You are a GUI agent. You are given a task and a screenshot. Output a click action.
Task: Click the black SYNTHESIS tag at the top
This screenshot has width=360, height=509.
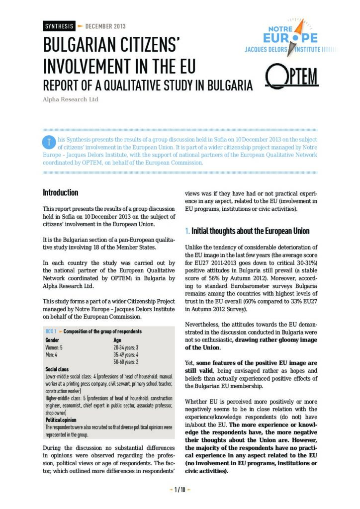point(58,26)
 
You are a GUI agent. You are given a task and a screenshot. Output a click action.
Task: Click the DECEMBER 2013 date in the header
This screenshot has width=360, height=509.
point(105,26)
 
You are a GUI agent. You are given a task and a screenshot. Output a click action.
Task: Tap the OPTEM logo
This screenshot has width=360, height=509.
point(292,78)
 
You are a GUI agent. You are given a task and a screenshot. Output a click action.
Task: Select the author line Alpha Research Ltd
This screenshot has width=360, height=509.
point(70,99)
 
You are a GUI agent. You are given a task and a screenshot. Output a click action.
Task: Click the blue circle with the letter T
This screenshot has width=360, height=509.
point(48,142)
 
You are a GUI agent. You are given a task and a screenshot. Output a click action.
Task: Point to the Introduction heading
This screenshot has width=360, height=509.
point(60,192)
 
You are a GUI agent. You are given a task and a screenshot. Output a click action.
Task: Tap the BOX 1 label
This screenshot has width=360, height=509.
point(51,331)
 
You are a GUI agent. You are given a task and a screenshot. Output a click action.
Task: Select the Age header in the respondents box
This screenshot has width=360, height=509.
point(118,339)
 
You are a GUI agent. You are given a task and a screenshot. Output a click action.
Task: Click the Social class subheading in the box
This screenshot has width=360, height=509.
point(56,370)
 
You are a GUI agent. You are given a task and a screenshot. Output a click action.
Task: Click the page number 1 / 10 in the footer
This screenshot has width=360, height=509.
point(180,490)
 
